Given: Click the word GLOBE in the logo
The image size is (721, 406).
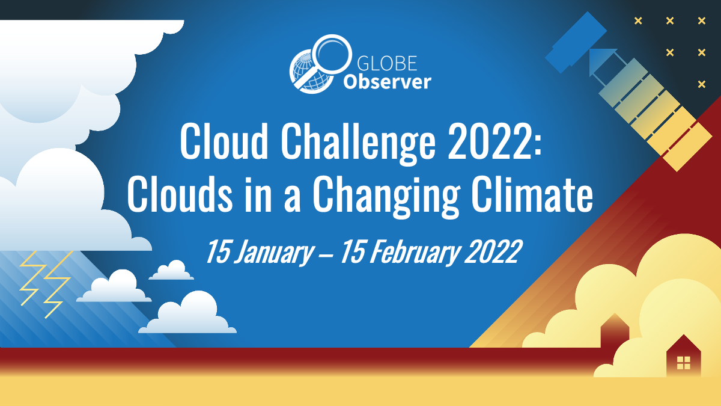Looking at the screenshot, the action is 387,63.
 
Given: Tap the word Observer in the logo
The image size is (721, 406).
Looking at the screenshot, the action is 387,82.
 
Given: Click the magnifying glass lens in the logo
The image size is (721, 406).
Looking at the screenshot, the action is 332,54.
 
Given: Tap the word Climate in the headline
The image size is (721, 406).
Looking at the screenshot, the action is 532,194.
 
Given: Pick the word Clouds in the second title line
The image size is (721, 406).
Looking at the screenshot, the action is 180,194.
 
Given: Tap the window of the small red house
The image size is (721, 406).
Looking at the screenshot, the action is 684,363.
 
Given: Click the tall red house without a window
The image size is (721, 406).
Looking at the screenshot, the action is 615,332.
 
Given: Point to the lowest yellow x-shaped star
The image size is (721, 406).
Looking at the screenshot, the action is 702,84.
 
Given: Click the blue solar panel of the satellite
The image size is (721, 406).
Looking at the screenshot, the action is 576,43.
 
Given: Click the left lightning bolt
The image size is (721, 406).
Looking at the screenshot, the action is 32,278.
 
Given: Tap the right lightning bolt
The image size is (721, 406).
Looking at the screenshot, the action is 58,283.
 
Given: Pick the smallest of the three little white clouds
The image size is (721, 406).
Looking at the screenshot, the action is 171,270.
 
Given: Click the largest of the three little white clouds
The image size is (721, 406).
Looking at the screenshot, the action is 188,314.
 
